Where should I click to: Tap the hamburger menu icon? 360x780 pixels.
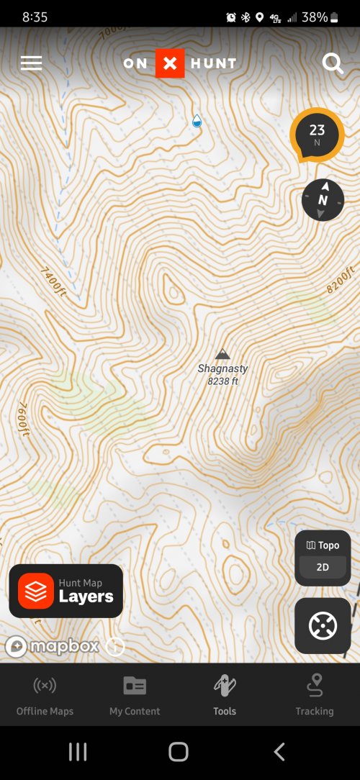[x=31, y=63]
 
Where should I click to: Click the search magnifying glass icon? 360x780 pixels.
[x=332, y=63]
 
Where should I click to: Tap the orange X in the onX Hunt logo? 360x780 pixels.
[x=170, y=63]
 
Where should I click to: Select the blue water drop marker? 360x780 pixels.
[x=197, y=121]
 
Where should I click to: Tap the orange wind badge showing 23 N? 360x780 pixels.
[x=317, y=135]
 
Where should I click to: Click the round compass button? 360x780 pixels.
[x=323, y=199]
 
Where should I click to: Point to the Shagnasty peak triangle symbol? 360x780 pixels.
[x=222, y=354]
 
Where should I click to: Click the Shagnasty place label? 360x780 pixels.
[x=222, y=368]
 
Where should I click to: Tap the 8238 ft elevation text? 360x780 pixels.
[x=222, y=381]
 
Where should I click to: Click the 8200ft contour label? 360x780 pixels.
[x=341, y=280]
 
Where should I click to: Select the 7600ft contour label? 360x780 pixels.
[x=22, y=418]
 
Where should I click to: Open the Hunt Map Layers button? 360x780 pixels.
[x=66, y=591]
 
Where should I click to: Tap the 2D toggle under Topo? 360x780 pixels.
[x=323, y=567]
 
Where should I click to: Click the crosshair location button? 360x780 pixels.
[x=323, y=626]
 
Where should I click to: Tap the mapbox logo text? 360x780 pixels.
[x=64, y=646]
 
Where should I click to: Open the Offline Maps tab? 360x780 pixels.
[x=45, y=694]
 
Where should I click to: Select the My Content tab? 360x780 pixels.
[x=135, y=694]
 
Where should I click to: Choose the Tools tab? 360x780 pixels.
[x=225, y=694]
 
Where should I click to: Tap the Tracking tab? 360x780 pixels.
[x=315, y=694]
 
